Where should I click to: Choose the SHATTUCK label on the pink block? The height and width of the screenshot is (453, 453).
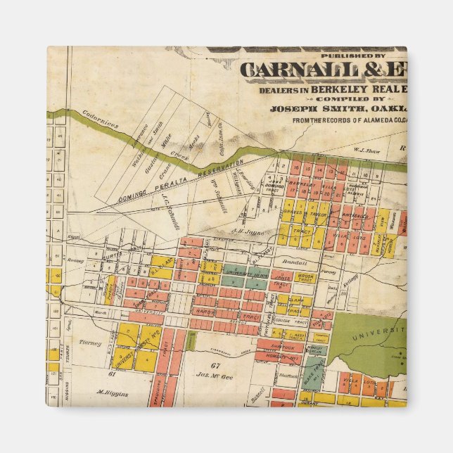(279, 345)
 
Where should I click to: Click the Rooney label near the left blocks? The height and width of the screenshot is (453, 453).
(77, 259)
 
